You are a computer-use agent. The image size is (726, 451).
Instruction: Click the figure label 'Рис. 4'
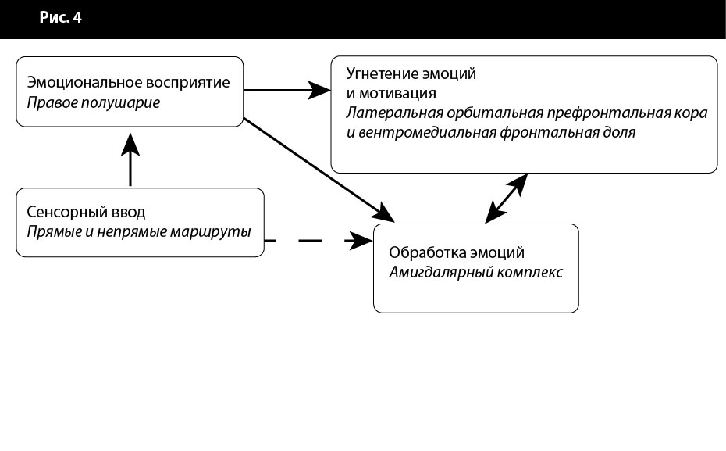[x=61, y=18]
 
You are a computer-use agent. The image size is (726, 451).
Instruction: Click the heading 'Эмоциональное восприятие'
[x=129, y=82]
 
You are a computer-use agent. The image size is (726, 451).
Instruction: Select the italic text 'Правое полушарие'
[x=93, y=102]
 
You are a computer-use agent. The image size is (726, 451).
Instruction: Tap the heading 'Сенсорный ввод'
[x=86, y=212]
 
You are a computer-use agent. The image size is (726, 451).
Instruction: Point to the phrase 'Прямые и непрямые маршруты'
[x=139, y=232]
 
